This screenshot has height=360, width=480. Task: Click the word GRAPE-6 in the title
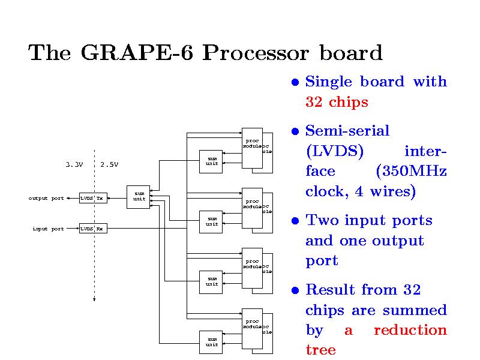pyautogui.click(x=139, y=53)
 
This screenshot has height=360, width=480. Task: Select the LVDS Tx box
pyautogui.click(x=93, y=198)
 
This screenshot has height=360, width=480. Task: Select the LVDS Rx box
pyautogui.click(x=93, y=229)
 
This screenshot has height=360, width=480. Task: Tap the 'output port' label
pyautogui.click(x=46, y=198)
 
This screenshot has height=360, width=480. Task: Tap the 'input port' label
pyautogui.click(x=48, y=229)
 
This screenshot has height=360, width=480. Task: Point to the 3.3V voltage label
pyautogui.click(x=74, y=164)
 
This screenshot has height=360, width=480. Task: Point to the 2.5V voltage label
pyautogui.click(x=109, y=164)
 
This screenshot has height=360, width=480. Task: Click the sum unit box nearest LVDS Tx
pyautogui.click(x=139, y=196)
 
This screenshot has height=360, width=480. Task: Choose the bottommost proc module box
pyautogui.click(x=252, y=328)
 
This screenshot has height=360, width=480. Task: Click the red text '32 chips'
pyautogui.click(x=337, y=103)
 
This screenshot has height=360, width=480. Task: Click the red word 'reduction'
pyautogui.click(x=410, y=330)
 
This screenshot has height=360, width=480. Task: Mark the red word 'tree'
pyautogui.click(x=320, y=350)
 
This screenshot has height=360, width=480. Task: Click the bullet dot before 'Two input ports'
pyautogui.click(x=295, y=221)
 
